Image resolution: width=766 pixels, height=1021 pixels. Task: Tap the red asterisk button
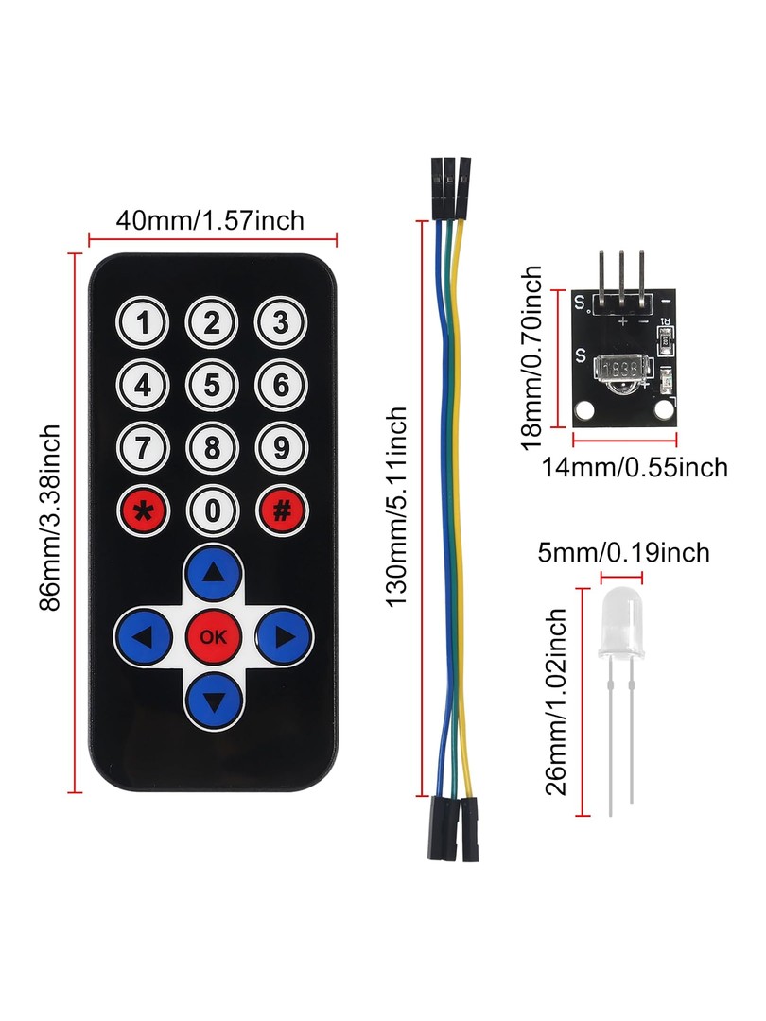pos(144,510)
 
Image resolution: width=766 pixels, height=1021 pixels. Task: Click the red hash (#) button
pos(282,510)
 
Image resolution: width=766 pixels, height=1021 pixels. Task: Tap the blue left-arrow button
pos(144,636)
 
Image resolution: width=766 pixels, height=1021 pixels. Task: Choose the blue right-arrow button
pos(284,636)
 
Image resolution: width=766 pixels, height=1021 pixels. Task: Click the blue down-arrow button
pos(214,700)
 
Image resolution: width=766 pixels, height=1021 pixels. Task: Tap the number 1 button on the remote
pos(143,323)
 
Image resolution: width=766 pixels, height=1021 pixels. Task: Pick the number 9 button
pos(281,448)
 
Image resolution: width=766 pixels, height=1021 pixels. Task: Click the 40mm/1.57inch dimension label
pos(210,220)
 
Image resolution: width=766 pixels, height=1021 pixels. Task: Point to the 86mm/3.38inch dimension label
pos(50,518)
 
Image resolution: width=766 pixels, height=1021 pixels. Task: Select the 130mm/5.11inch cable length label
pos(396,508)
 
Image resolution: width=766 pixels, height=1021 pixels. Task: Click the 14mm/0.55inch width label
pos(635,468)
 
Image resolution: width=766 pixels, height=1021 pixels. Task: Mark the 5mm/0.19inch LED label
pos(623,553)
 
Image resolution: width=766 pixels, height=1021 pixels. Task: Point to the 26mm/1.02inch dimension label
pos(556,701)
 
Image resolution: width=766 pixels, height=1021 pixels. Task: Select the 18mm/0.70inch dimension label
pos(531,357)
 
